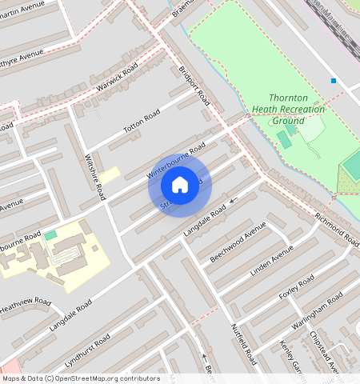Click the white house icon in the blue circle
[x=180, y=185]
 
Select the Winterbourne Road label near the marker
[x=176, y=161]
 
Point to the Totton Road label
[x=142, y=122]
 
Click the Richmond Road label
[x=336, y=228]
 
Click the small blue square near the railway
[x=334, y=81]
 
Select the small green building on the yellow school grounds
[x=51, y=235]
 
